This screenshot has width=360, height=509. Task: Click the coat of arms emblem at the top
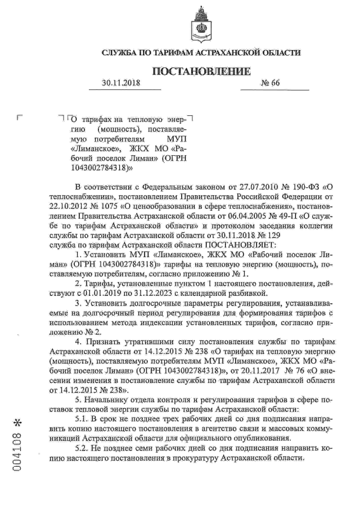tap(201, 22)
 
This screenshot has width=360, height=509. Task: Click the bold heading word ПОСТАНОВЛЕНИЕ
tap(201, 71)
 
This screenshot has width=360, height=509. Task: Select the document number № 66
tap(270, 83)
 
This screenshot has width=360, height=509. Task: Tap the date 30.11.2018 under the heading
tap(121, 83)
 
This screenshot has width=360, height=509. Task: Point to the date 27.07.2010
tap(249, 186)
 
